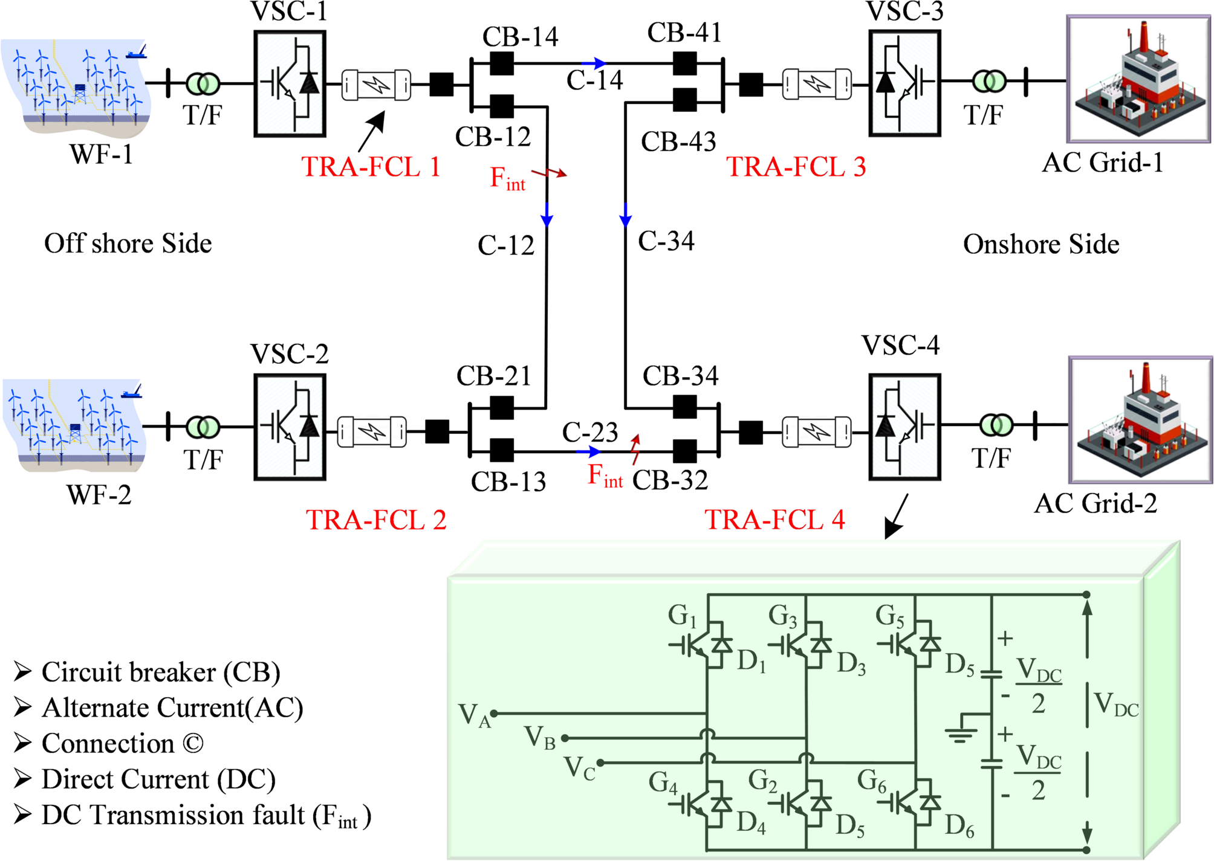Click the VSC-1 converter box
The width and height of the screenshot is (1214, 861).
point(290,84)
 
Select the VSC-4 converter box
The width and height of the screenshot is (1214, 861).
point(904,427)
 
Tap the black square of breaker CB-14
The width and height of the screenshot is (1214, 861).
point(501,63)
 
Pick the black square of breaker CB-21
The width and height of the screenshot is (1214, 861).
point(501,408)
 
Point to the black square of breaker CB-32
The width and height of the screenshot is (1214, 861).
point(684,451)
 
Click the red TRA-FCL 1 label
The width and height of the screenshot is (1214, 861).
point(371,167)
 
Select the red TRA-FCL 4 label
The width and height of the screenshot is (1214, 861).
point(774,520)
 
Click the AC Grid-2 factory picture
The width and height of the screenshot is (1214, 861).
point(1140,420)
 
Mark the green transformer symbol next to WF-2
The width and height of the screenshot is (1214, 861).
point(203,427)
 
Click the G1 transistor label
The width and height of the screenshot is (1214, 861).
point(682,616)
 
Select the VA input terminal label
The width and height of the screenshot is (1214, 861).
point(474,715)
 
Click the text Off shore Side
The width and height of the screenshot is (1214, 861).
point(128,243)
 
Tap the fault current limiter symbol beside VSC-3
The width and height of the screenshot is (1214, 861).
point(817,84)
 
